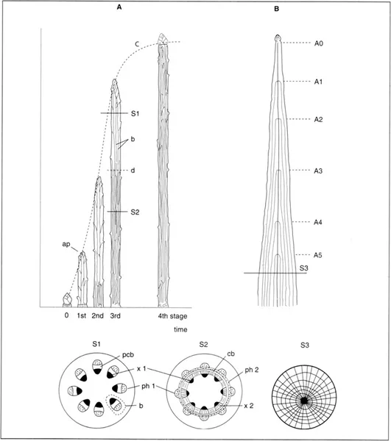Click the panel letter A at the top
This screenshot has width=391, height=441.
[119, 7]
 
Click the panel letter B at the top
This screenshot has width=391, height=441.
[276, 9]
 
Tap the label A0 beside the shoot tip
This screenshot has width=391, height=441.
[319, 43]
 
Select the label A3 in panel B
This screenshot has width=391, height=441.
[318, 171]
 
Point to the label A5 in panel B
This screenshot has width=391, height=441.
[318, 255]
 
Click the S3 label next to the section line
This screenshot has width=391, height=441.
[303, 268]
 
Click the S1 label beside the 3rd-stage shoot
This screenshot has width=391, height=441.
[135, 114]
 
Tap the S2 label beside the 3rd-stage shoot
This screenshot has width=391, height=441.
[135, 212]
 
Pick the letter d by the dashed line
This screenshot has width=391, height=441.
[133, 171]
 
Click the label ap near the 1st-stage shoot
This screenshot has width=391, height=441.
[66, 244]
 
